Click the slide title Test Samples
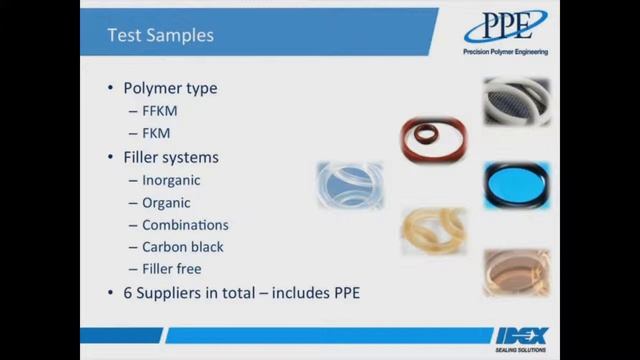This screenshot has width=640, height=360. pos(160,35)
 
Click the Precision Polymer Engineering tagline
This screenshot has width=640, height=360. pos(505,52)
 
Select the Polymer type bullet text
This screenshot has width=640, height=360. pos(170,88)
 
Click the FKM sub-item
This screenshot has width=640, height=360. pos(156,133)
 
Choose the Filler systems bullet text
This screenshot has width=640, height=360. pos(171,157)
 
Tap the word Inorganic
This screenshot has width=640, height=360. pos(171,180)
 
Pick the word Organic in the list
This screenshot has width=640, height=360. pos(166,202)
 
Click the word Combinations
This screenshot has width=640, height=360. pos(185,224)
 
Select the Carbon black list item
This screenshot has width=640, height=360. pos(183,246)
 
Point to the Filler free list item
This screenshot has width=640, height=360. pos(172,268)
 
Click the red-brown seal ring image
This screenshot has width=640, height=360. pos(434,140)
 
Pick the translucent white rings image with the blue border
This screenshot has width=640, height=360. pos(350,185)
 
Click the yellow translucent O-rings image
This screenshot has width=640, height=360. pos(434,230)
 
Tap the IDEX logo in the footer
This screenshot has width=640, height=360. pos(521,335)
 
